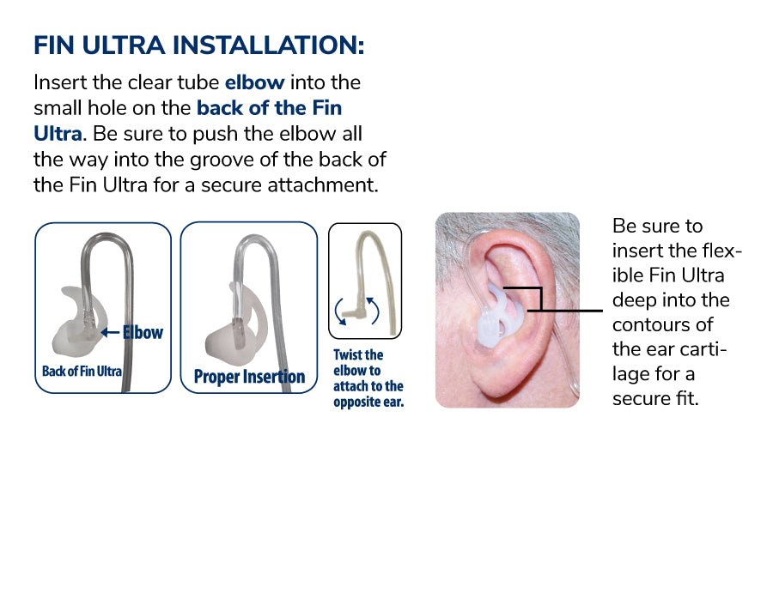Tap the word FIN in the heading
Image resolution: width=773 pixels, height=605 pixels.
click(55, 45)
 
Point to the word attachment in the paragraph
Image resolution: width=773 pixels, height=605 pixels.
click(324, 185)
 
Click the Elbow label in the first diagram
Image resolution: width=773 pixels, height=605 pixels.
click(143, 331)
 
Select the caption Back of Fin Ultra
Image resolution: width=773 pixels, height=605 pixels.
click(82, 372)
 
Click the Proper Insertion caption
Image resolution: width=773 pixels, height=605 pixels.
click(249, 377)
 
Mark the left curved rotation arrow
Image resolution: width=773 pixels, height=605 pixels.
click(340, 310)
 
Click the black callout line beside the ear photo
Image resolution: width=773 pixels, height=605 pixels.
click(567, 310)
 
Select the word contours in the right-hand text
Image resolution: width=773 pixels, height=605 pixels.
click(662, 325)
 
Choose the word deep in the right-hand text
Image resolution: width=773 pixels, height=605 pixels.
click(634, 300)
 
